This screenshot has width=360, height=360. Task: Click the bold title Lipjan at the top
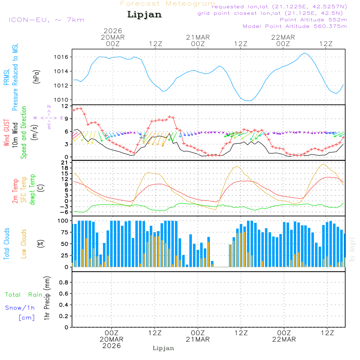(144, 14)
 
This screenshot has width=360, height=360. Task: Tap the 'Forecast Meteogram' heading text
(167, 4)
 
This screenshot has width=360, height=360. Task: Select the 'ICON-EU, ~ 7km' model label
(46, 20)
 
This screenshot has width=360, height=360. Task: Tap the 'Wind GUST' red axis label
(6, 133)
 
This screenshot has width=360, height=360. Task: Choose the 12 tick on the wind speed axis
(65, 106)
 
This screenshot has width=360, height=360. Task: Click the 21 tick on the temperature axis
(65, 163)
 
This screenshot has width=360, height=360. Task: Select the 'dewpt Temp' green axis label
(32, 189)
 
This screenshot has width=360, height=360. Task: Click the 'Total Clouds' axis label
(6, 243)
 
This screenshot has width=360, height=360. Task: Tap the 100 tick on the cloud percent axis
(63, 221)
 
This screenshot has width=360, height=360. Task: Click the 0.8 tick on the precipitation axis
(63, 283)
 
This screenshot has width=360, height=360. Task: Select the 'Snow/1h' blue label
(20, 308)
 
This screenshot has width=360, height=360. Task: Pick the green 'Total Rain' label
(24, 295)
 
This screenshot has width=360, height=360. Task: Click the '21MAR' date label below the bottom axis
(198, 339)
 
